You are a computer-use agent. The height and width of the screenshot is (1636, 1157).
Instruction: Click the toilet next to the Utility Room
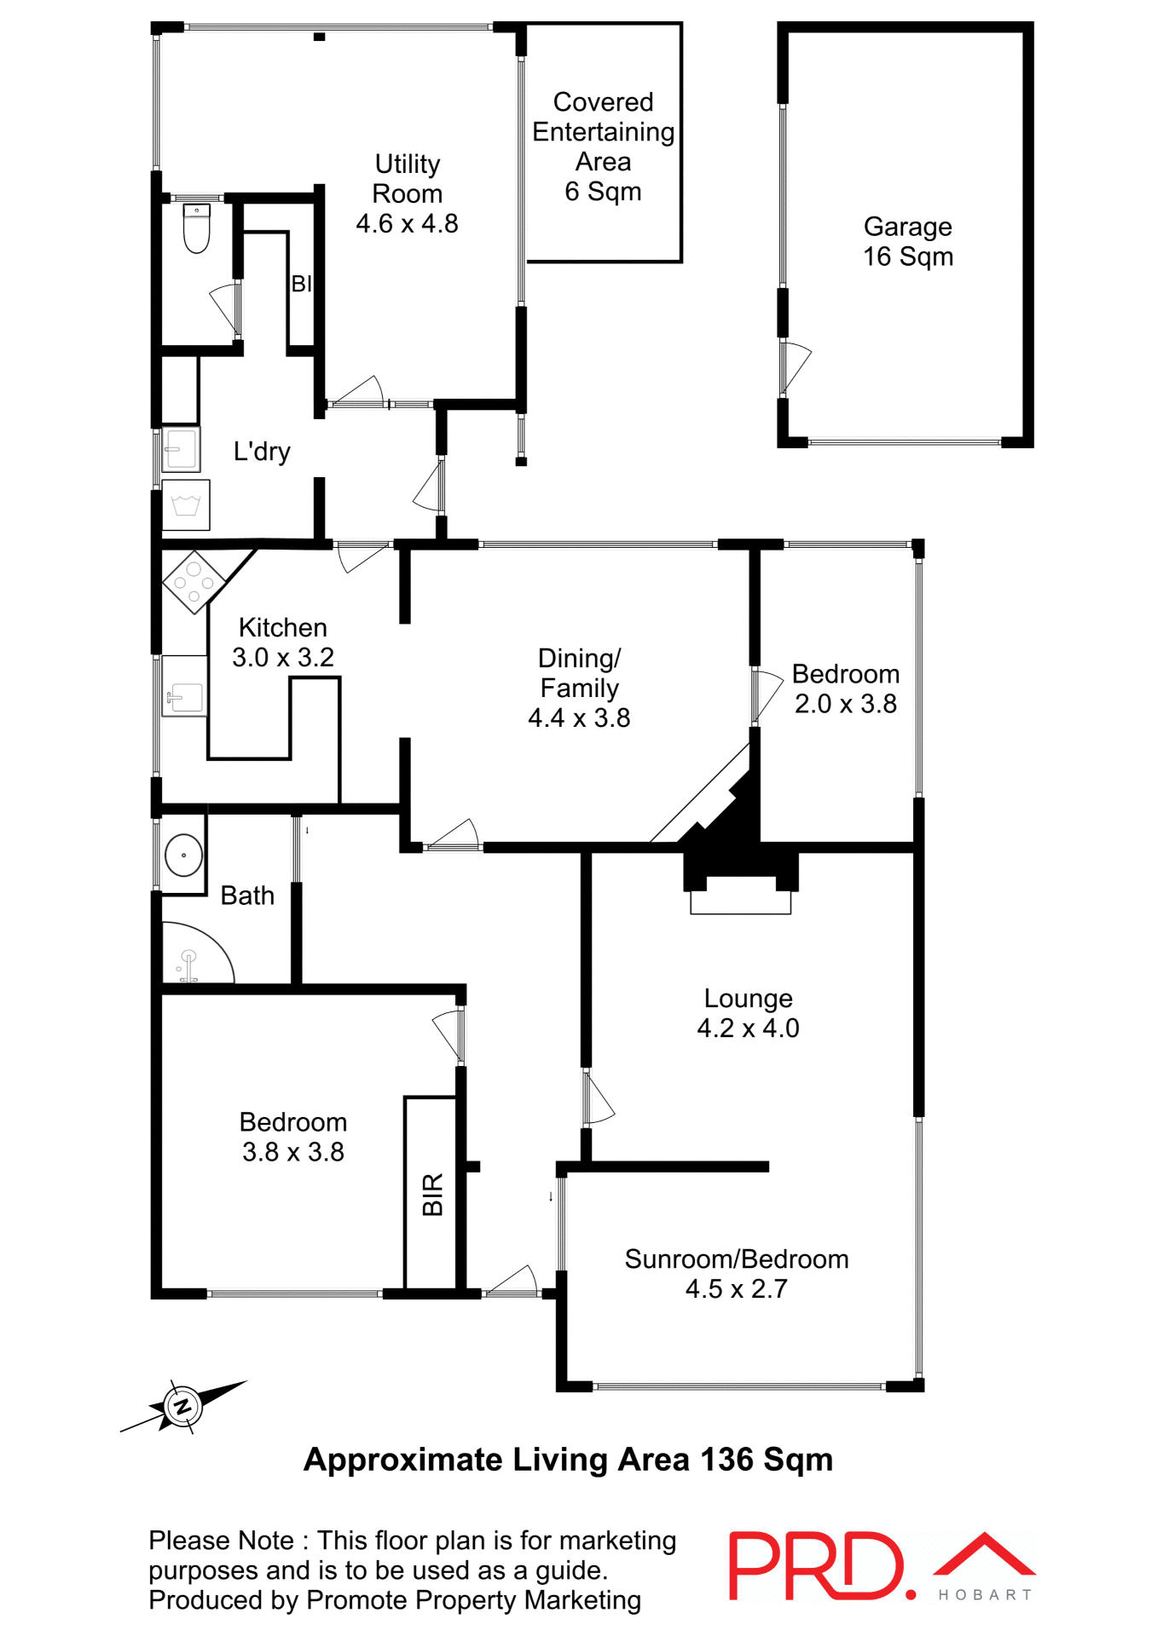click(197, 229)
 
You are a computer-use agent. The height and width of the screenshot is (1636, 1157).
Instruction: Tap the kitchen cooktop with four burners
click(194, 583)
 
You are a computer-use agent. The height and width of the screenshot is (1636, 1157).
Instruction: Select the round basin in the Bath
click(183, 855)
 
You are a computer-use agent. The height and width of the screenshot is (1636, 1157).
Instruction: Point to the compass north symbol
click(182, 1406)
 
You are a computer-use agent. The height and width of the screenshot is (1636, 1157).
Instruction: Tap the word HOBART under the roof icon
click(985, 1595)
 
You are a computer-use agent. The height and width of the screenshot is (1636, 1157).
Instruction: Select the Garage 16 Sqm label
click(908, 242)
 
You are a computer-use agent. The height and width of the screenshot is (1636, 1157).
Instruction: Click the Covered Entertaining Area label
click(604, 147)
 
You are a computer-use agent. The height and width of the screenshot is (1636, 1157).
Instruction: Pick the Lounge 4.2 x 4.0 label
click(748, 1013)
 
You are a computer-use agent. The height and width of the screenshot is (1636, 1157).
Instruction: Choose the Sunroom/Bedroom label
click(737, 1259)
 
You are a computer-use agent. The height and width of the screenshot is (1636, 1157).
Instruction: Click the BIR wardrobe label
click(433, 1194)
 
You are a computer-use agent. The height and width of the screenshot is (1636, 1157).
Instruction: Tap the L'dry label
click(262, 452)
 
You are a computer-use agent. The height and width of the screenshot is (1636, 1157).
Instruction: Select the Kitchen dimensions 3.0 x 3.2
click(283, 658)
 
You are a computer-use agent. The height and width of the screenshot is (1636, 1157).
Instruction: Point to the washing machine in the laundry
click(186, 506)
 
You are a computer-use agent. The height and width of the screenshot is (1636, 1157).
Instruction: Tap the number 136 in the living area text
click(727, 1460)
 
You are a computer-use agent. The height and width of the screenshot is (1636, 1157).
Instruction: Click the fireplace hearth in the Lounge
click(740, 902)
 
